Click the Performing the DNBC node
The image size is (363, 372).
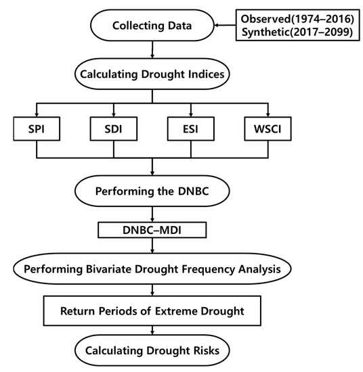tap(151, 191)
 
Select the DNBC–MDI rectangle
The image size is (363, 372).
tap(151, 230)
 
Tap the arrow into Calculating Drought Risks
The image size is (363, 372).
tap(151, 332)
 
